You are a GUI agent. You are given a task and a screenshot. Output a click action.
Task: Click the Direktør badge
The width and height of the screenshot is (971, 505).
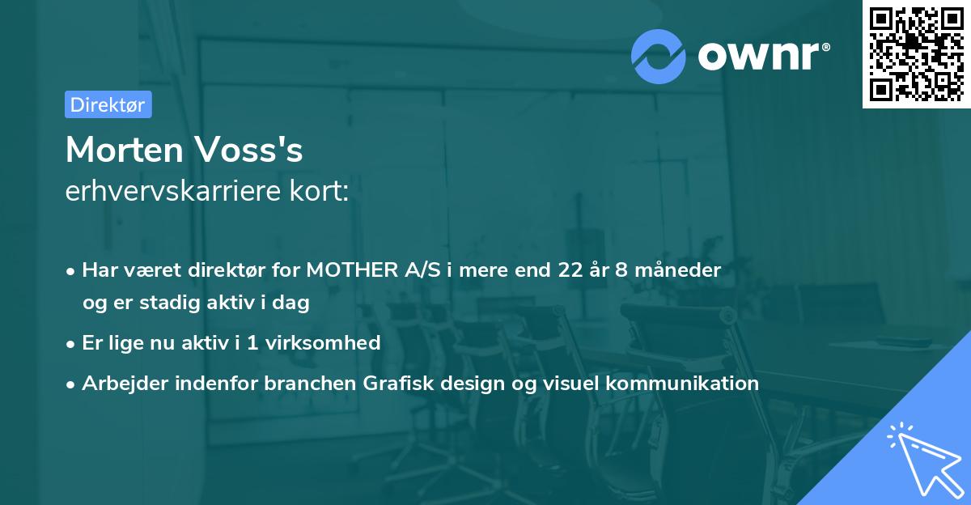tap(108, 104)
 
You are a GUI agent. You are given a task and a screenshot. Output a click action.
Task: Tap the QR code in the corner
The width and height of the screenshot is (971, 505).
tap(916, 54)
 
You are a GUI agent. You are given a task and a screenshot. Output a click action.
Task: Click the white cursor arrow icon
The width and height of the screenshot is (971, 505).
tap(922, 456)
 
